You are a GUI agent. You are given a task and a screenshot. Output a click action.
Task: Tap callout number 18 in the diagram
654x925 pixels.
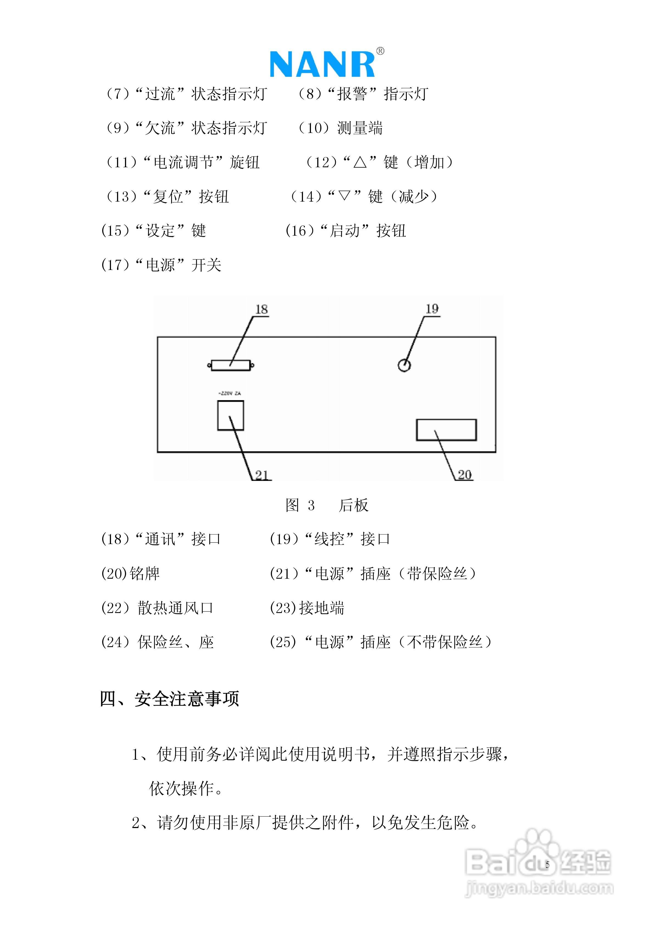coord(261,310)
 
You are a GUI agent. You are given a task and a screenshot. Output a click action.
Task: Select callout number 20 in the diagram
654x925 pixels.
coord(464,475)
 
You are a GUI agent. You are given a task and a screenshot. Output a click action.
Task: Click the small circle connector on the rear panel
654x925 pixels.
coord(404,365)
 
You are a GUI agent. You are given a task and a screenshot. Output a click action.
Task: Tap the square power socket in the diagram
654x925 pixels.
coord(230,415)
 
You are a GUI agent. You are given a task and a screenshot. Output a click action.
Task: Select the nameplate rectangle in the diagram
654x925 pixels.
coord(446,430)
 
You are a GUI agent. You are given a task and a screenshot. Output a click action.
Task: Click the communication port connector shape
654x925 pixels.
coord(231,365)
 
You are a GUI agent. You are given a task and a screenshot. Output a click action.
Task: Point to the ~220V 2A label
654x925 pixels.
coord(229,393)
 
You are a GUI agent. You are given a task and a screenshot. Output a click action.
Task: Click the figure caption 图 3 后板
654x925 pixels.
coord(327,505)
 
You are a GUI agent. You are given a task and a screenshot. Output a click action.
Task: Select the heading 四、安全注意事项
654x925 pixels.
coord(169,698)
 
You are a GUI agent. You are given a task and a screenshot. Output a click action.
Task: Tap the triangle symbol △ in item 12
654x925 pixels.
coord(360,162)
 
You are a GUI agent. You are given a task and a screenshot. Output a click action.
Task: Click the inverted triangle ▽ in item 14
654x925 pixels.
coord(344,197)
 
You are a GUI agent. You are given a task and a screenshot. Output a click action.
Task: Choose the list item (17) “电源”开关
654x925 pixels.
coord(161,265)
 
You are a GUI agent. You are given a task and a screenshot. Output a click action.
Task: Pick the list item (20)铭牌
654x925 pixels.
coord(130,573)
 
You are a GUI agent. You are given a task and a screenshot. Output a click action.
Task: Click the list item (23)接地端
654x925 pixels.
coord(307,608)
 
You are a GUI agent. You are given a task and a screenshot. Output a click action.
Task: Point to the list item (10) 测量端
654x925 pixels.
coord(340,128)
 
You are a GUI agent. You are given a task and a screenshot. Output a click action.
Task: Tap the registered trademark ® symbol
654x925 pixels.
coord(380,51)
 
